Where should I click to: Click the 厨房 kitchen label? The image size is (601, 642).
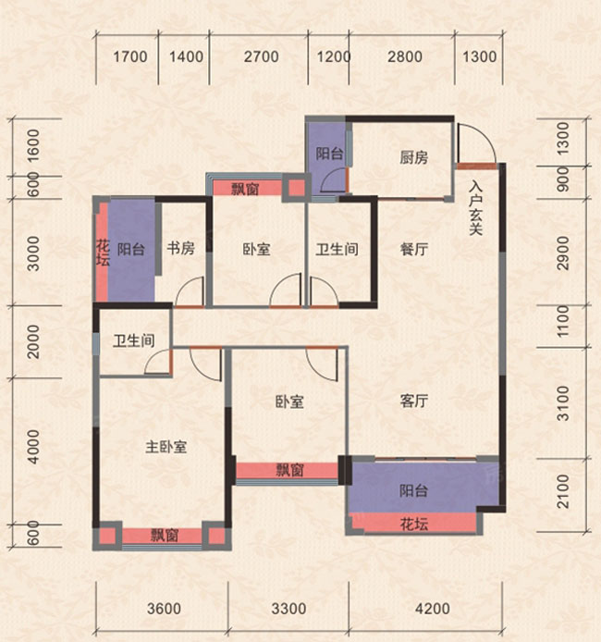[x=414, y=158]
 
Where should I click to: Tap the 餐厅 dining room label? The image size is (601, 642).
[x=419, y=249]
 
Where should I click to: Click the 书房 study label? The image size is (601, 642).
[x=180, y=249]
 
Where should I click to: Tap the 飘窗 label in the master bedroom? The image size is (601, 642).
[x=165, y=535]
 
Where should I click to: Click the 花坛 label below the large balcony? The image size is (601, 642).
[x=414, y=524]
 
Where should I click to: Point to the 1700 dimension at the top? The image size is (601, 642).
[x=130, y=57]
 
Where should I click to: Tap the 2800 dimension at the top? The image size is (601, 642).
[x=404, y=57]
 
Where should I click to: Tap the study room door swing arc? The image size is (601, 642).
[x=190, y=293]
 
